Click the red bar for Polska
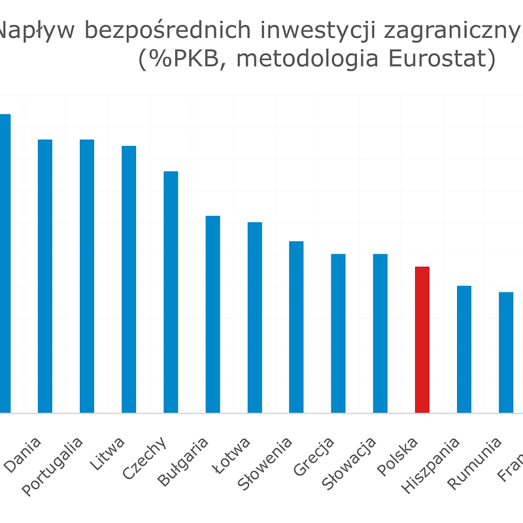(422, 340)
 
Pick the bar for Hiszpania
(464, 349)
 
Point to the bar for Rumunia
(506, 352)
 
